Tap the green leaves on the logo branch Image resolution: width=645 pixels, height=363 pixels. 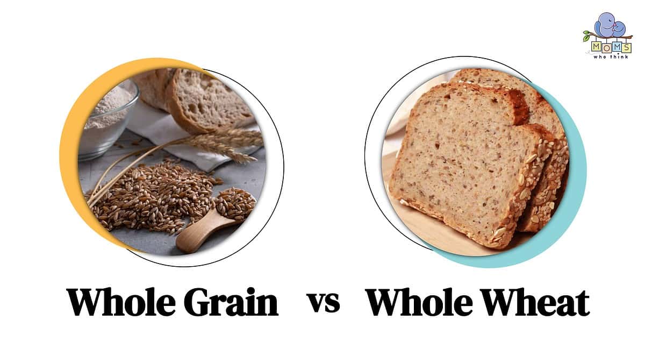pyautogui.click(x=587, y=37)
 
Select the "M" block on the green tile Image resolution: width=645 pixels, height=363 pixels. pyautogui.click(x=596, y=47)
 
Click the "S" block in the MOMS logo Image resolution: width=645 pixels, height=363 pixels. pyautogui.click(x=626, y=47)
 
